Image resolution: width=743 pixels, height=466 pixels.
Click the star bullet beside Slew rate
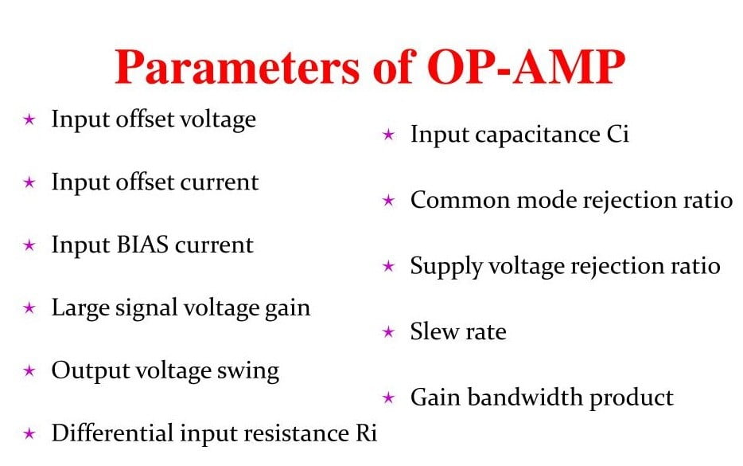click(x=388, y=331)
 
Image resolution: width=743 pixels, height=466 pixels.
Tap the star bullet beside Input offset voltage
click(x=29, y=119)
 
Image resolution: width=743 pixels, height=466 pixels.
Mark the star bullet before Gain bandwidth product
click(x=388, y=397)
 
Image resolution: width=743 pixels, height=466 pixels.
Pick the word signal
click(x=132, y=307)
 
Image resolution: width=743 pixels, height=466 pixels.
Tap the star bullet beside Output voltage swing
click(x=29, y=370)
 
